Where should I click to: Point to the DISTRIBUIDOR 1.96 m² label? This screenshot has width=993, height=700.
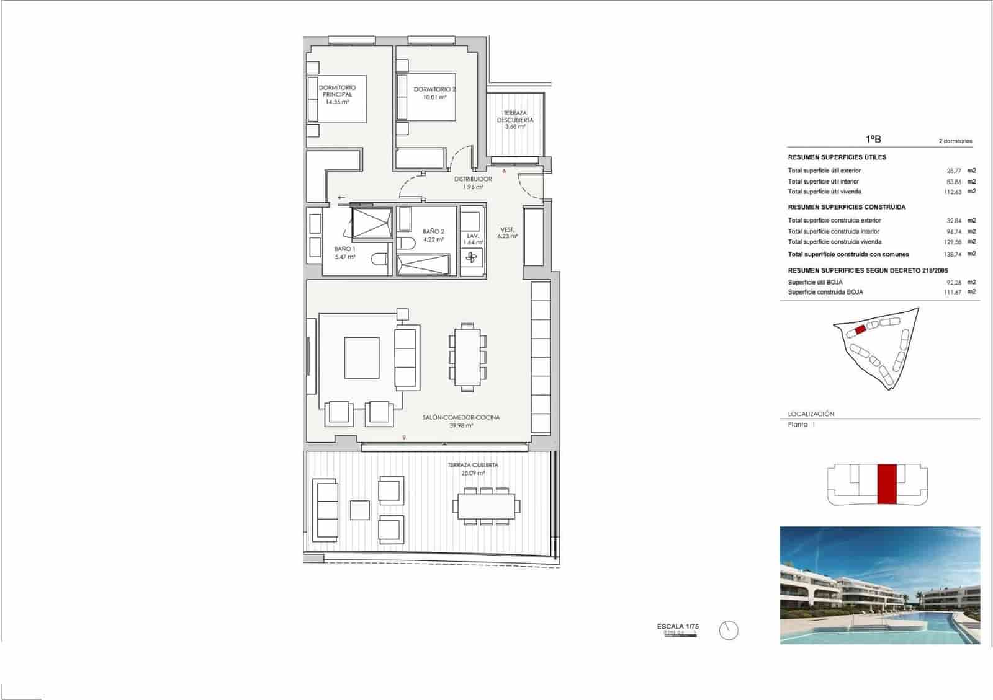tap(473, 182)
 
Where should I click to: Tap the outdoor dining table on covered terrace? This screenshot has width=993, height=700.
tap(487, 505)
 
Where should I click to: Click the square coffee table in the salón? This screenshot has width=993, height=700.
tap(361, 358)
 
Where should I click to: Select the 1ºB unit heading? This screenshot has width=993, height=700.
tap(873, 140)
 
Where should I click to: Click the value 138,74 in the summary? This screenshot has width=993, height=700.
tap(952, 254)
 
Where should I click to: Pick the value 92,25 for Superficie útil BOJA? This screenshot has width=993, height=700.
tap(953, 282)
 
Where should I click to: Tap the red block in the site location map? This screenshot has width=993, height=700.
tap(860, 330)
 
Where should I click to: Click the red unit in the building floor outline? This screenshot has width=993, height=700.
tap(887, 484)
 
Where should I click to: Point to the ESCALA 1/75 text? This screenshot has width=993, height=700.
tap(678, 626)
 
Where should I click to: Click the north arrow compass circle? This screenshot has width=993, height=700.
tap(729, 631)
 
